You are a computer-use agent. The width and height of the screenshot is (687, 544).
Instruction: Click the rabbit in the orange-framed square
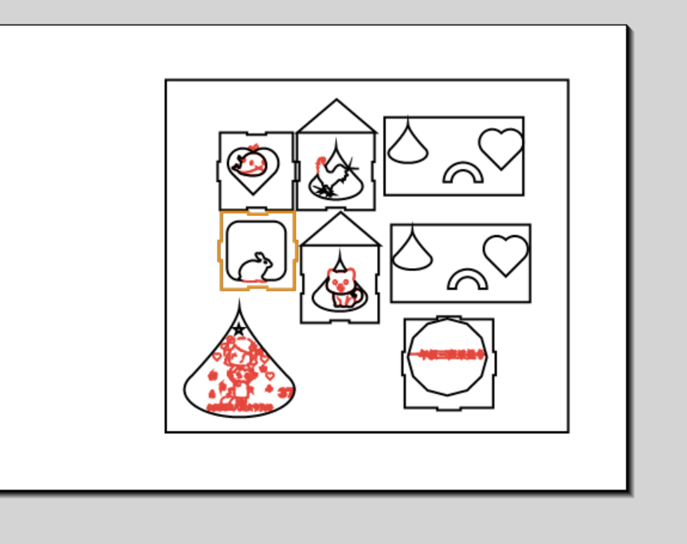pos(256,267)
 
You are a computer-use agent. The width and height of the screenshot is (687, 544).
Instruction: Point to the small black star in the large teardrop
pos(239,329)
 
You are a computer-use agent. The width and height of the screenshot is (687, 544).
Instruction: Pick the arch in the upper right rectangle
pos(463,173)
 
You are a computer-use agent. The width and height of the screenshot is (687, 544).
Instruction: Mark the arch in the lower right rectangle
pos(468,279)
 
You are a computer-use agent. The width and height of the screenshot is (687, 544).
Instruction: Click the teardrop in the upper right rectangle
pos(407,146)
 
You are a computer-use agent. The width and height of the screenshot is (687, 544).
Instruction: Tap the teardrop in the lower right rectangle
pos(411,253)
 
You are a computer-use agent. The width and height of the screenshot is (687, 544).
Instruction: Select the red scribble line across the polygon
pos(447,355)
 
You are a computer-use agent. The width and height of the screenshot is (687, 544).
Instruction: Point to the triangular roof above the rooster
pos(336,117)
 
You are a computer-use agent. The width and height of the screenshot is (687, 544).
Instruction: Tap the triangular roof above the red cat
pos(340,231)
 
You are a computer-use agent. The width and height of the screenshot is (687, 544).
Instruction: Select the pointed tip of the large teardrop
pos(239,303)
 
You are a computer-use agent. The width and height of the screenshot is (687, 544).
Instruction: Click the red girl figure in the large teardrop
pos(239,371)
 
